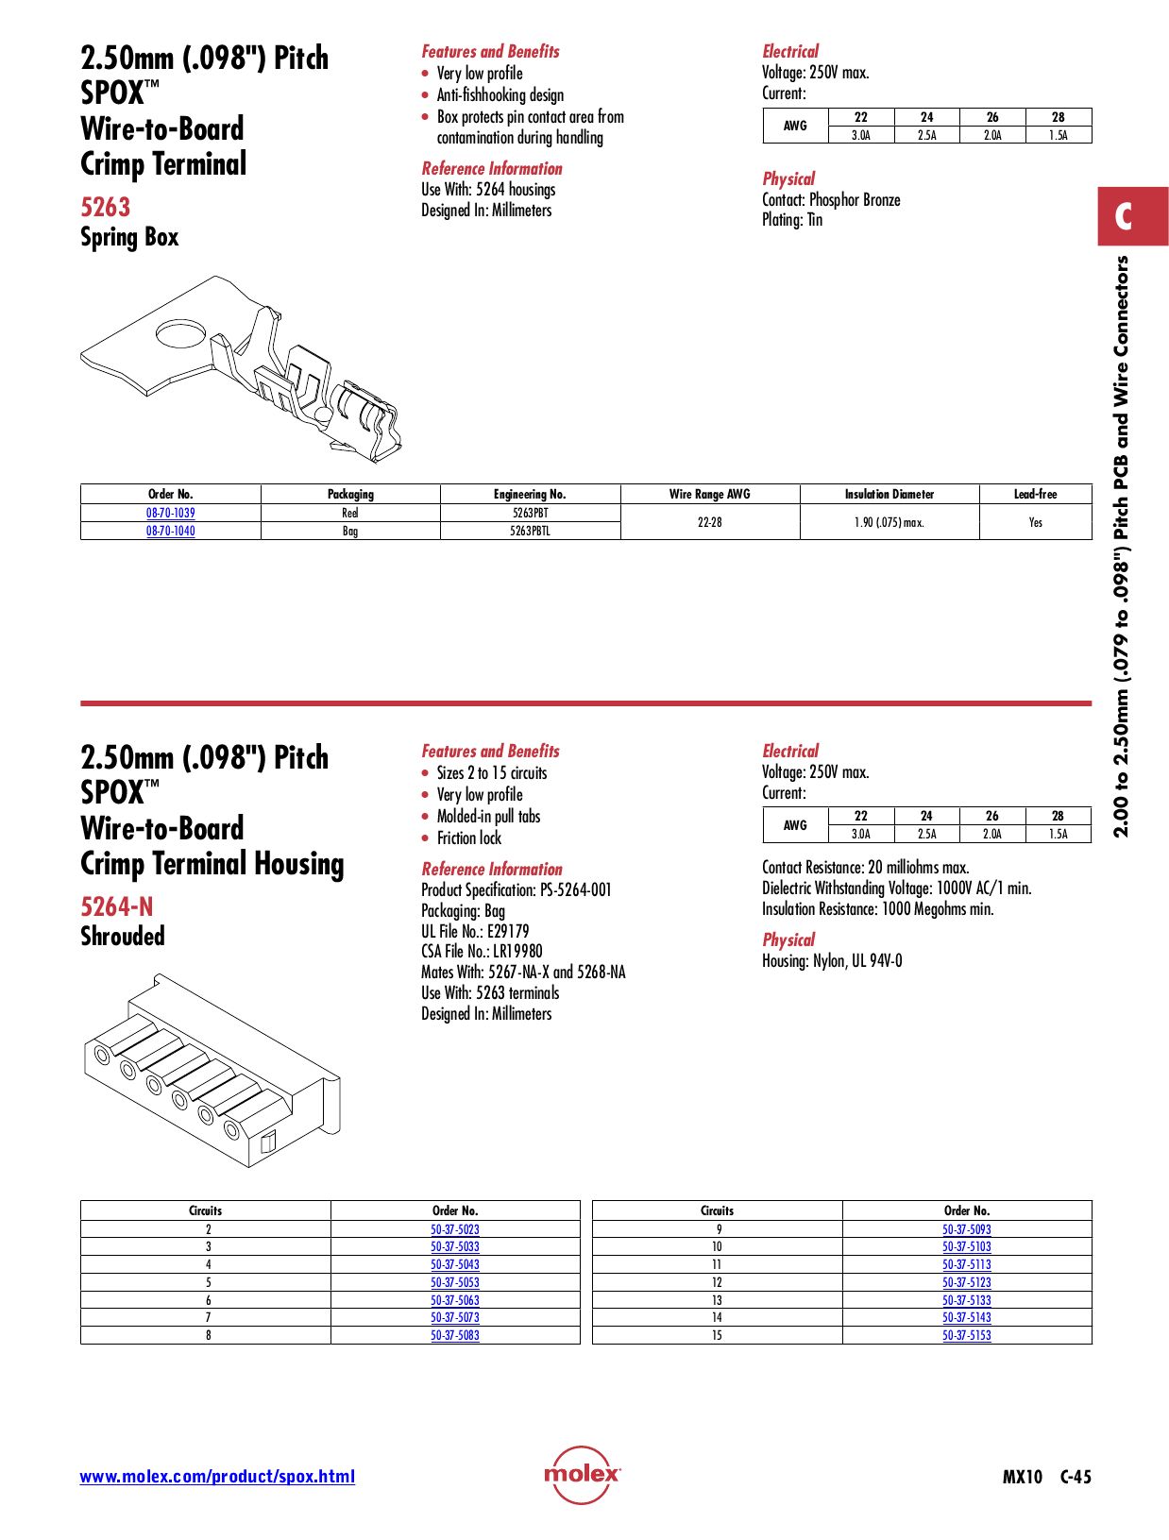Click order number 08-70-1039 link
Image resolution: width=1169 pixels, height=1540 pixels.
point(170,513)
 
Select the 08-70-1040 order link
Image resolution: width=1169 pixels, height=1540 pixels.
point(170,531)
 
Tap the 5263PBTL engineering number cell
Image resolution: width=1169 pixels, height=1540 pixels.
point(530,531)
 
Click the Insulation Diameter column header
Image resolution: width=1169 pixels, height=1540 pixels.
point(889,494)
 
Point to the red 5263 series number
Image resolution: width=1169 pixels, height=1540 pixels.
point(105,207)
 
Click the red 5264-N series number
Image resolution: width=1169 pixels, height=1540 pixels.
point(116,906)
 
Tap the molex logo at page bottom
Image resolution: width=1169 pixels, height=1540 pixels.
point(582,1474)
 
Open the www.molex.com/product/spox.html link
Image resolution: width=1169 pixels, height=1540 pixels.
point(217,1477)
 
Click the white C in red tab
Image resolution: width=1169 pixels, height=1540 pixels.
point(1123,216)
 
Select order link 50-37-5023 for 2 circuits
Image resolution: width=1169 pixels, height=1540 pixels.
point(454,1229)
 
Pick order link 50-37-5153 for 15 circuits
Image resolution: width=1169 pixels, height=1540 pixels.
point(966,1335)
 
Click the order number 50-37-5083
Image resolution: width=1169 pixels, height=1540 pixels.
point(454,1335)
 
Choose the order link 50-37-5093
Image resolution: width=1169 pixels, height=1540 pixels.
point(966,1229)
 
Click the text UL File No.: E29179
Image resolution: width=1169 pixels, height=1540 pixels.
point(475,931)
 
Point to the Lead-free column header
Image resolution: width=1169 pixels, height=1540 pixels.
point(1035,494)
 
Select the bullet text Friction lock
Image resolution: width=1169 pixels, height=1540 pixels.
point(468,838)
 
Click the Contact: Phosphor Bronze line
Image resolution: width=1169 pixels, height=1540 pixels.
point(831,200)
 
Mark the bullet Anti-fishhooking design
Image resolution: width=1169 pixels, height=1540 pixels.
point(500,95)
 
